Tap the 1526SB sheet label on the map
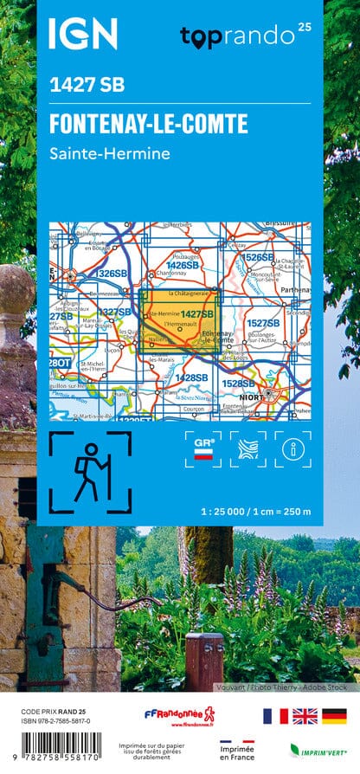point(258,257)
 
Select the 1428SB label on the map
point(191,377)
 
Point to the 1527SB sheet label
point(262,322)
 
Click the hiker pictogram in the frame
point(90,472)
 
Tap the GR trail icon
point(204,448)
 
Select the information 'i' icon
point(292,448)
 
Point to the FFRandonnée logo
point(179,716)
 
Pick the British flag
point(305,715)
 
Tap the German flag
point(334,715)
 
